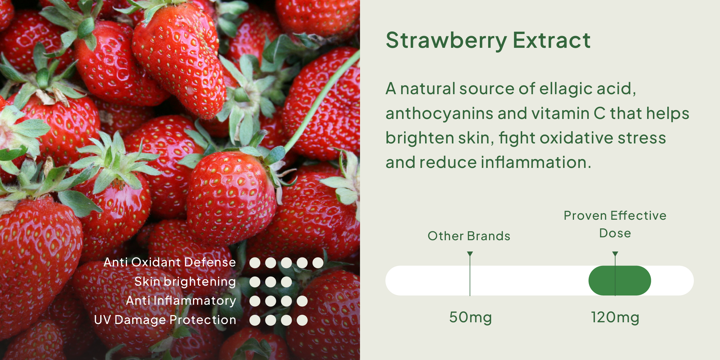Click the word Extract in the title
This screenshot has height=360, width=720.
point(552,40)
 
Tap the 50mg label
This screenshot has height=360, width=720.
point(471,317)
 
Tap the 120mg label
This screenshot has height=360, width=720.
point(615,317)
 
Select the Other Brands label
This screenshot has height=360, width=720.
point(469,236)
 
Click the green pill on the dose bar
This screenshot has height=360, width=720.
point(620,281)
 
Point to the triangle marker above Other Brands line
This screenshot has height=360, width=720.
point(470,254)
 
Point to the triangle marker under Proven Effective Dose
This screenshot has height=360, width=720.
point(615,254)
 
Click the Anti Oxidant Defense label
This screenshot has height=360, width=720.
point(170,262)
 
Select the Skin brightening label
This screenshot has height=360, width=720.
point(185,282)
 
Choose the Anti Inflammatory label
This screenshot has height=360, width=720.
point(181,301)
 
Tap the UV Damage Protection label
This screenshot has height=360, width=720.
point(165,320)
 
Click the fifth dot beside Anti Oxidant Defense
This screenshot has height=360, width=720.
point(318,263)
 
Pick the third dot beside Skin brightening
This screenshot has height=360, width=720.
point(286,282)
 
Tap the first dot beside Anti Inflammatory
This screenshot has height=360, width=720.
point(255,301)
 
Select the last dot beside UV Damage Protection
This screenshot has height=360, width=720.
point(302,320)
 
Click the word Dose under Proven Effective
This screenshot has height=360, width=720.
point(615,233)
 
